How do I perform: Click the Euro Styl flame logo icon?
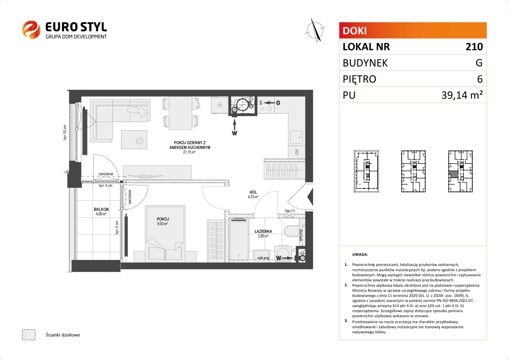pyautogui.click(x=31, y=30)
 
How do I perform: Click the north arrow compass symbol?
pyautogui.click(x=315, y=30)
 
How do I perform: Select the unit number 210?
pyautogui.click(x=474, y=47)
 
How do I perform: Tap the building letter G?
pyautogui.click(x=479, y=63)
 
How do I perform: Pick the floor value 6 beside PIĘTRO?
pyautogui.click(x=480, y=79)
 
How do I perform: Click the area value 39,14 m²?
pyautogui.click(x=462, y=95)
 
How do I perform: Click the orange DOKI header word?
pyautogui.click(x=354, y=31)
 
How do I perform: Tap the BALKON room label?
pyautogui.click(x=101, y=209)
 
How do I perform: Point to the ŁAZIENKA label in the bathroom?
pyautogui.click(x=263, y=231)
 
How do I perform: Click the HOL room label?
pyautogui.click(x=253, y=192)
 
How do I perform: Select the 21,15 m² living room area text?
pyautogui.click(x=189, y=152)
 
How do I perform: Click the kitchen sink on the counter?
pyautogui.click(x=296, y=137)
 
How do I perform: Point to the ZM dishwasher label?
pyautogui.click(x=297, y=152)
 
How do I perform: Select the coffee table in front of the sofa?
pyautogui.click(x=134, y=139)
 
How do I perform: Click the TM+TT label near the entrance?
pyautogui.click(x=290, y=211)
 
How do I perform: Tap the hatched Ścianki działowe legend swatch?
pyautogui.click(x=29, y=335)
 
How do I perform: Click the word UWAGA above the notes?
pyautogui.click(x=360, y=254)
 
